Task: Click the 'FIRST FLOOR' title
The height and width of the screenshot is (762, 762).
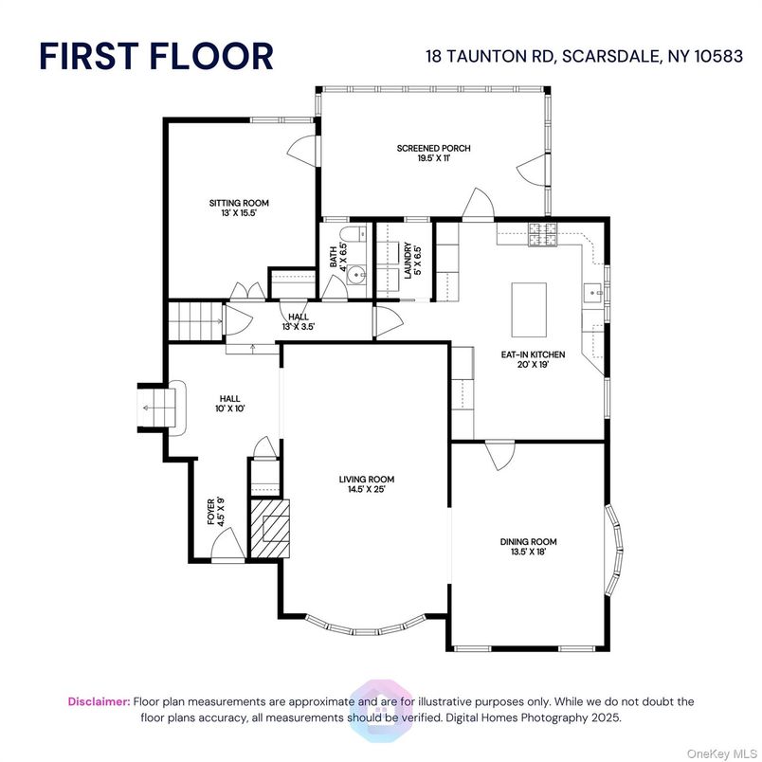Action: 156,56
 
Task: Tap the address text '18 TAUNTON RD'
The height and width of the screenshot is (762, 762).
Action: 490,56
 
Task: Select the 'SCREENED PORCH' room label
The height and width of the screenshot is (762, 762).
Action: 433,148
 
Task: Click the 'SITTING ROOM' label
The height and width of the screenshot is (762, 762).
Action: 239,203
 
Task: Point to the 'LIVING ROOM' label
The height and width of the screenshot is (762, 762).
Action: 367,480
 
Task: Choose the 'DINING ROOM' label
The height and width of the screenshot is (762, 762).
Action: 528,542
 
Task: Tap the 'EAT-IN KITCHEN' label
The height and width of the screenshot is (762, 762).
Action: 533,354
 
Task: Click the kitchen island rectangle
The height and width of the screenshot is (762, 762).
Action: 529,310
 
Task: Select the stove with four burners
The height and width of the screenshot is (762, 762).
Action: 543,234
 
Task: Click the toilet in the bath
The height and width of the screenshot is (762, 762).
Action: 354,234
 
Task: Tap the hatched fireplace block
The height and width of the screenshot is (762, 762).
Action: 270,528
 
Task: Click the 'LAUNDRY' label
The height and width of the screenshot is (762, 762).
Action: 408,261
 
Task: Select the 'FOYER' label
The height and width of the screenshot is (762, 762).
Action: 211,512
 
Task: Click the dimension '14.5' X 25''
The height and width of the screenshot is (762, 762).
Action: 367,489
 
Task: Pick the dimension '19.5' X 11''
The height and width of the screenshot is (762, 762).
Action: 433,158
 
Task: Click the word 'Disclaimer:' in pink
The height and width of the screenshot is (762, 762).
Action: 100,701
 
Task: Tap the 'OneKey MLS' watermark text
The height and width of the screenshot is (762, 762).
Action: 722,753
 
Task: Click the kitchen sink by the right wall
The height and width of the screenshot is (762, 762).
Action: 593,293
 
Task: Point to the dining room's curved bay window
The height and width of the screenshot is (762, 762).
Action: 615,550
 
